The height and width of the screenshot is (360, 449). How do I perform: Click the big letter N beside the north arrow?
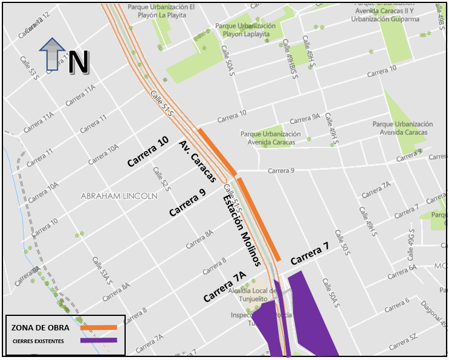point(79,62)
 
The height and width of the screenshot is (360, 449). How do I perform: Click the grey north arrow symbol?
point(53,55)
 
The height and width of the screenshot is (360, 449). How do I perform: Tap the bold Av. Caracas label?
point(197,161)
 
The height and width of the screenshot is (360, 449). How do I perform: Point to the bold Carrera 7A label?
point(225,288)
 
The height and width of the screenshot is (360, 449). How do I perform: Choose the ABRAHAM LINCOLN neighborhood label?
point(119,196)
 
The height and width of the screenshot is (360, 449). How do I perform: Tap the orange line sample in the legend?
point(98,327)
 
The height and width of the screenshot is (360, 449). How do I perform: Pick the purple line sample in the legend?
point(98,341)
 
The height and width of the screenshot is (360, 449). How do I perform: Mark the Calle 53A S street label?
point(100,269)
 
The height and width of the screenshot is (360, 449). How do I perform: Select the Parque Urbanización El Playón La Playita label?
point(161,11)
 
